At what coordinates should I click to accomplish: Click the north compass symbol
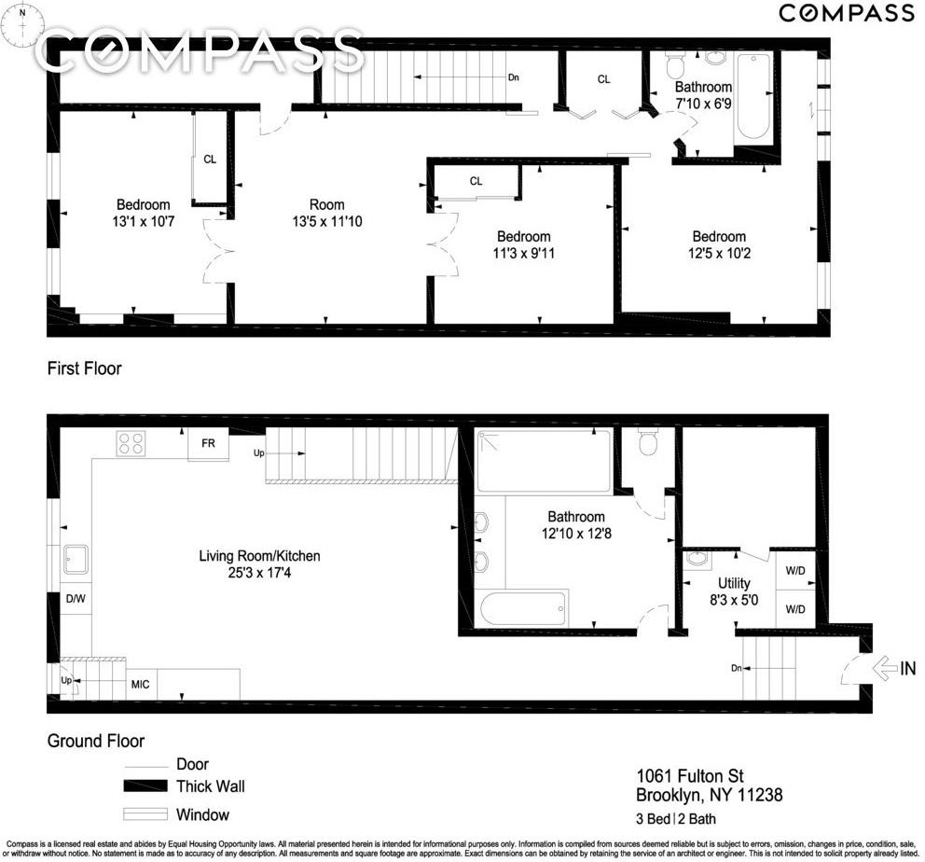pos(22,26)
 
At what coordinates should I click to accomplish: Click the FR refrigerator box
pos(208,444)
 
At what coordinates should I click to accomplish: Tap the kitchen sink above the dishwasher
pos(74,561)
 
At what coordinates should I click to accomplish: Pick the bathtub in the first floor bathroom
pos(752,97)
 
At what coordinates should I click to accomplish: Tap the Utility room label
pos(733,584)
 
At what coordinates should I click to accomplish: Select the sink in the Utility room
pos(697,560)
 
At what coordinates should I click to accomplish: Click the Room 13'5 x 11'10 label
pos(326,213)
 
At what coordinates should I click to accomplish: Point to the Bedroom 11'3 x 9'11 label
pos(523,244)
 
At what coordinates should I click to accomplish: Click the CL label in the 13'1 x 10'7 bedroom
pos(210,160)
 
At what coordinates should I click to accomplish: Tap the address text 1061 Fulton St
pos(690,776)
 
